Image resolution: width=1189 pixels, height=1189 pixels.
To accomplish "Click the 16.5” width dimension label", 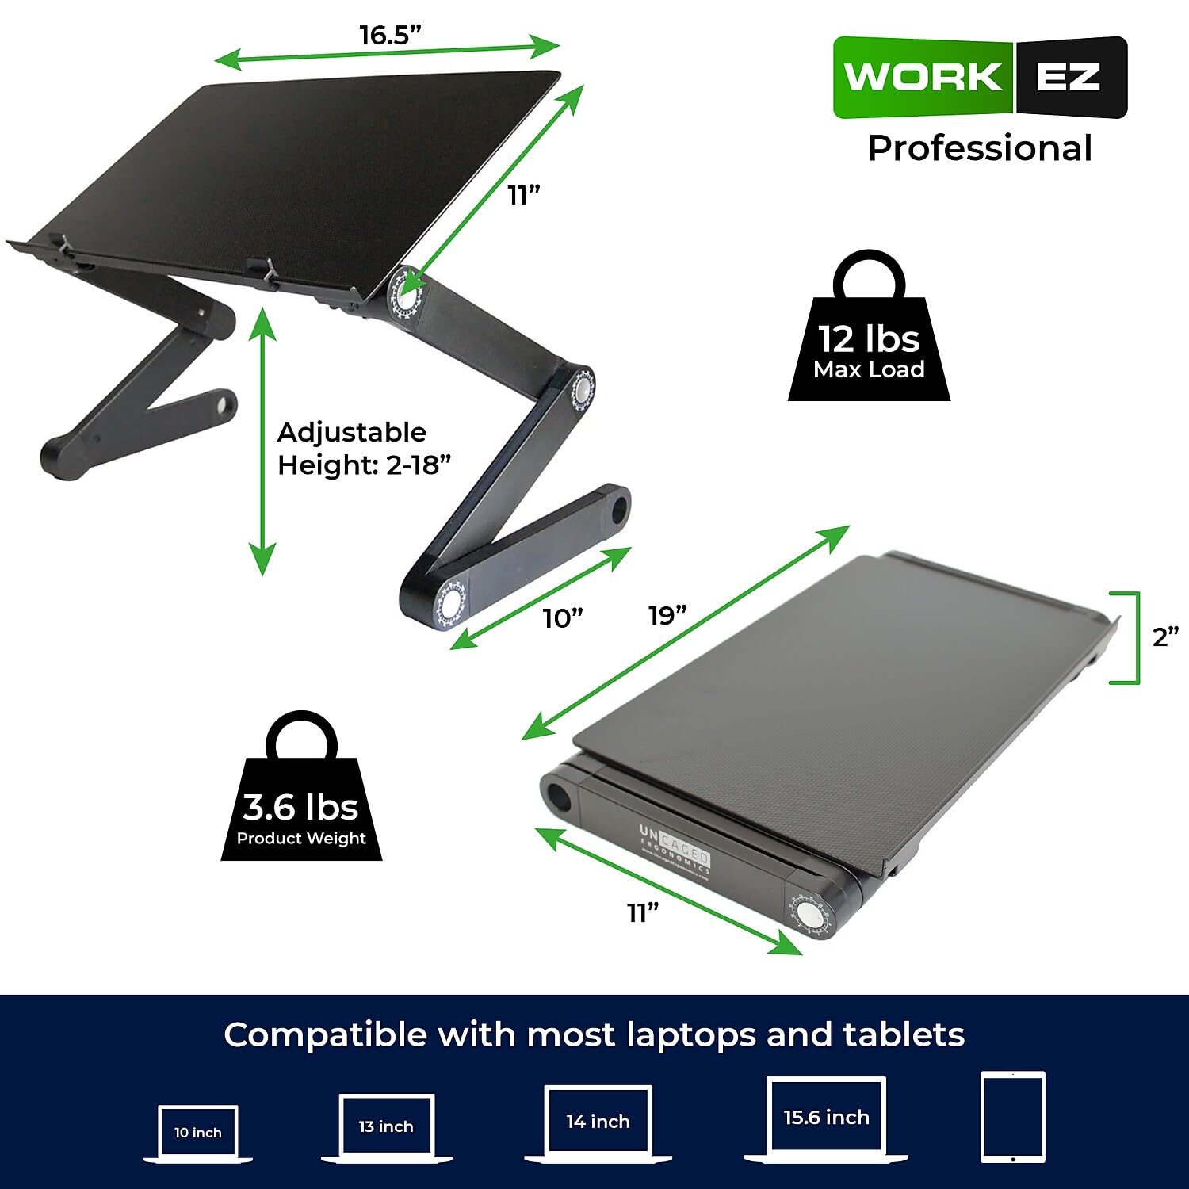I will pos(390,35).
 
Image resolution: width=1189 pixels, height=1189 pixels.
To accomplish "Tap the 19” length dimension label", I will pos(667,615).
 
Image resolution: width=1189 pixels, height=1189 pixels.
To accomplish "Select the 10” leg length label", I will pos(563,617).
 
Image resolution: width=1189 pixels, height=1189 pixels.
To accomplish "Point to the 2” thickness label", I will pos(1165,636).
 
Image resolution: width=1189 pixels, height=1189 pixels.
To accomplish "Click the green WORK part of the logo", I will pos(923,78).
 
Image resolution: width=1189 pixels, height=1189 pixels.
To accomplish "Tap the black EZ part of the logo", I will pos(1069,78).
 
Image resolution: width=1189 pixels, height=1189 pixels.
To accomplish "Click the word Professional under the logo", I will pos(980,148).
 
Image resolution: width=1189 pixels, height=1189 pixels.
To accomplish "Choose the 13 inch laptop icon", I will pos(386,1126).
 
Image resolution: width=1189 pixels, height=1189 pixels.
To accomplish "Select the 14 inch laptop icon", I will pos(598,1122).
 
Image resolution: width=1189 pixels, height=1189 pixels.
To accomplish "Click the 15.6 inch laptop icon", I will pos(826,1118).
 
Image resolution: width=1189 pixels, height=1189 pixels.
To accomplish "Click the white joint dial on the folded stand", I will pos(809,912).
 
